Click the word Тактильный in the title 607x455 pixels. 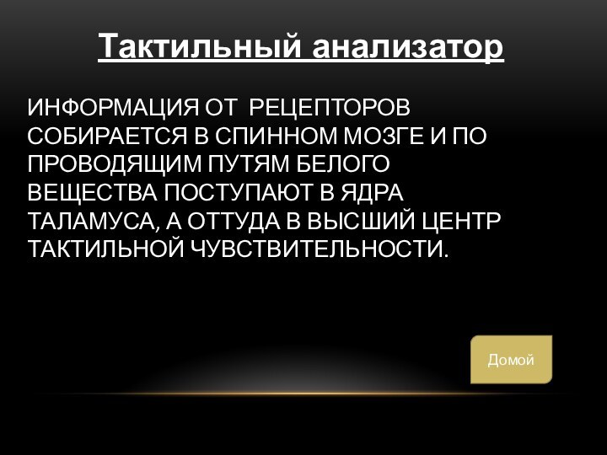(x=201, y=46)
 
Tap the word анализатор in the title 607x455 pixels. (x=409, y=46)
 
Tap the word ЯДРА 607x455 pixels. (x=373, y=194)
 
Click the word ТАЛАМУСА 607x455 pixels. (x=90, y=222)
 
